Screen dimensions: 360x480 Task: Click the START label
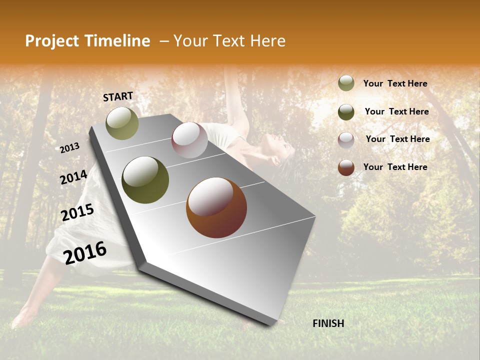(x=118, y=96)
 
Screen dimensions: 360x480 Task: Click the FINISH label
(x=328, y=323)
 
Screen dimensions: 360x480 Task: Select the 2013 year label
(x=70, y=148)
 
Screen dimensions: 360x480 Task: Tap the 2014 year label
(x=73, y=177)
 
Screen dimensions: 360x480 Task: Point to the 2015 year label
(x=77, y=212)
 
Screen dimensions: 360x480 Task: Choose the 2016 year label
(x=85, y=253)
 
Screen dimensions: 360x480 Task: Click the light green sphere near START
(x=122, y=123)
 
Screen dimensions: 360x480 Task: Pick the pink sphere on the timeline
(x=189, y=140)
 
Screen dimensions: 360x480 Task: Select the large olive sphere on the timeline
(x=145, y=180)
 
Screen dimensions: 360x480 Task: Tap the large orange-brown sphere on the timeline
(x=216, y=207)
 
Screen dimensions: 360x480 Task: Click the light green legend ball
(x=346, y=83)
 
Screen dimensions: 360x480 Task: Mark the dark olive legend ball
(x=346, y=112)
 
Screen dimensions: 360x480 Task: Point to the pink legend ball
(x=346, y=140)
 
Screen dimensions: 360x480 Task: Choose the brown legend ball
(x=346, y=167)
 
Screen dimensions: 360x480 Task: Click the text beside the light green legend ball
(x=395, y=84)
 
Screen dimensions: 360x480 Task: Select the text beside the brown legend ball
(x=395, y=167)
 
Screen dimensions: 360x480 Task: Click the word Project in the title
(x=52, y=41)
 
